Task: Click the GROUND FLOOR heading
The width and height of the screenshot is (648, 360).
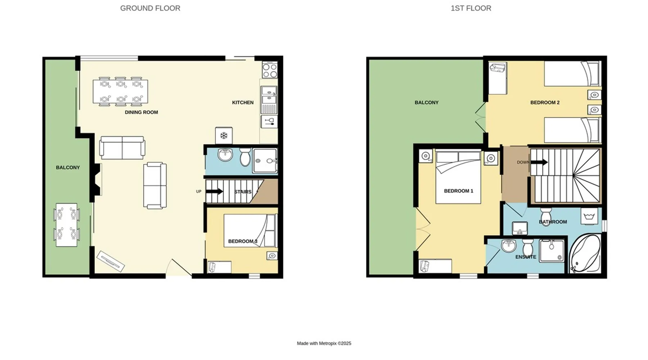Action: tap(150, 8)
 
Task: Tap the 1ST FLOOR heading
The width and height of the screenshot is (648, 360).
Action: tap(471, 8)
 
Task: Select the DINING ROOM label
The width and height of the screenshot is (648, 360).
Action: tap(141, 112)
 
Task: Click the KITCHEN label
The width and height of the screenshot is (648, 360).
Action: tap(243, 103)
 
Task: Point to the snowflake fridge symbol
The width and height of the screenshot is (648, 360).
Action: tap(224, 136)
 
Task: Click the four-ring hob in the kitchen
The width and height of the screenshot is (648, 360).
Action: tap(270, 70)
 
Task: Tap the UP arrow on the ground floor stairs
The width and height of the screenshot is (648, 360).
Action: tap(215, 192)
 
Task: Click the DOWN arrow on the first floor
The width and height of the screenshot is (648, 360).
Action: tap(539, 162)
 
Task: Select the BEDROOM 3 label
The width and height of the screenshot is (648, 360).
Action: tap(243, 241)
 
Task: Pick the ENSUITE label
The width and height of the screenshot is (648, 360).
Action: tap(526, 257)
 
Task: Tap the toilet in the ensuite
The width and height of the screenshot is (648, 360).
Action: tap(528, 247)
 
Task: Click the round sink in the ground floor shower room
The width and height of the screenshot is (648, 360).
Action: tap(225, 155)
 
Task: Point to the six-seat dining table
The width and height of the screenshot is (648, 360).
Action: tap(120, 92)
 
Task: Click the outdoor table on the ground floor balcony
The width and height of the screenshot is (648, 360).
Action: tap(67, 225)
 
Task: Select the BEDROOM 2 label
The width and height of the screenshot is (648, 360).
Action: tap(545, 103)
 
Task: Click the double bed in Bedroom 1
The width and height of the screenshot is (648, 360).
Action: tap(458, 177)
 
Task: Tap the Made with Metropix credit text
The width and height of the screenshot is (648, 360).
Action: tap(324, 343)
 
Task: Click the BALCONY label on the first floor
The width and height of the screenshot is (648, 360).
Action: tap(427, 103)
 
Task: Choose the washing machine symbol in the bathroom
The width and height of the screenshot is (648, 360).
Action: tap(589, 216)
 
